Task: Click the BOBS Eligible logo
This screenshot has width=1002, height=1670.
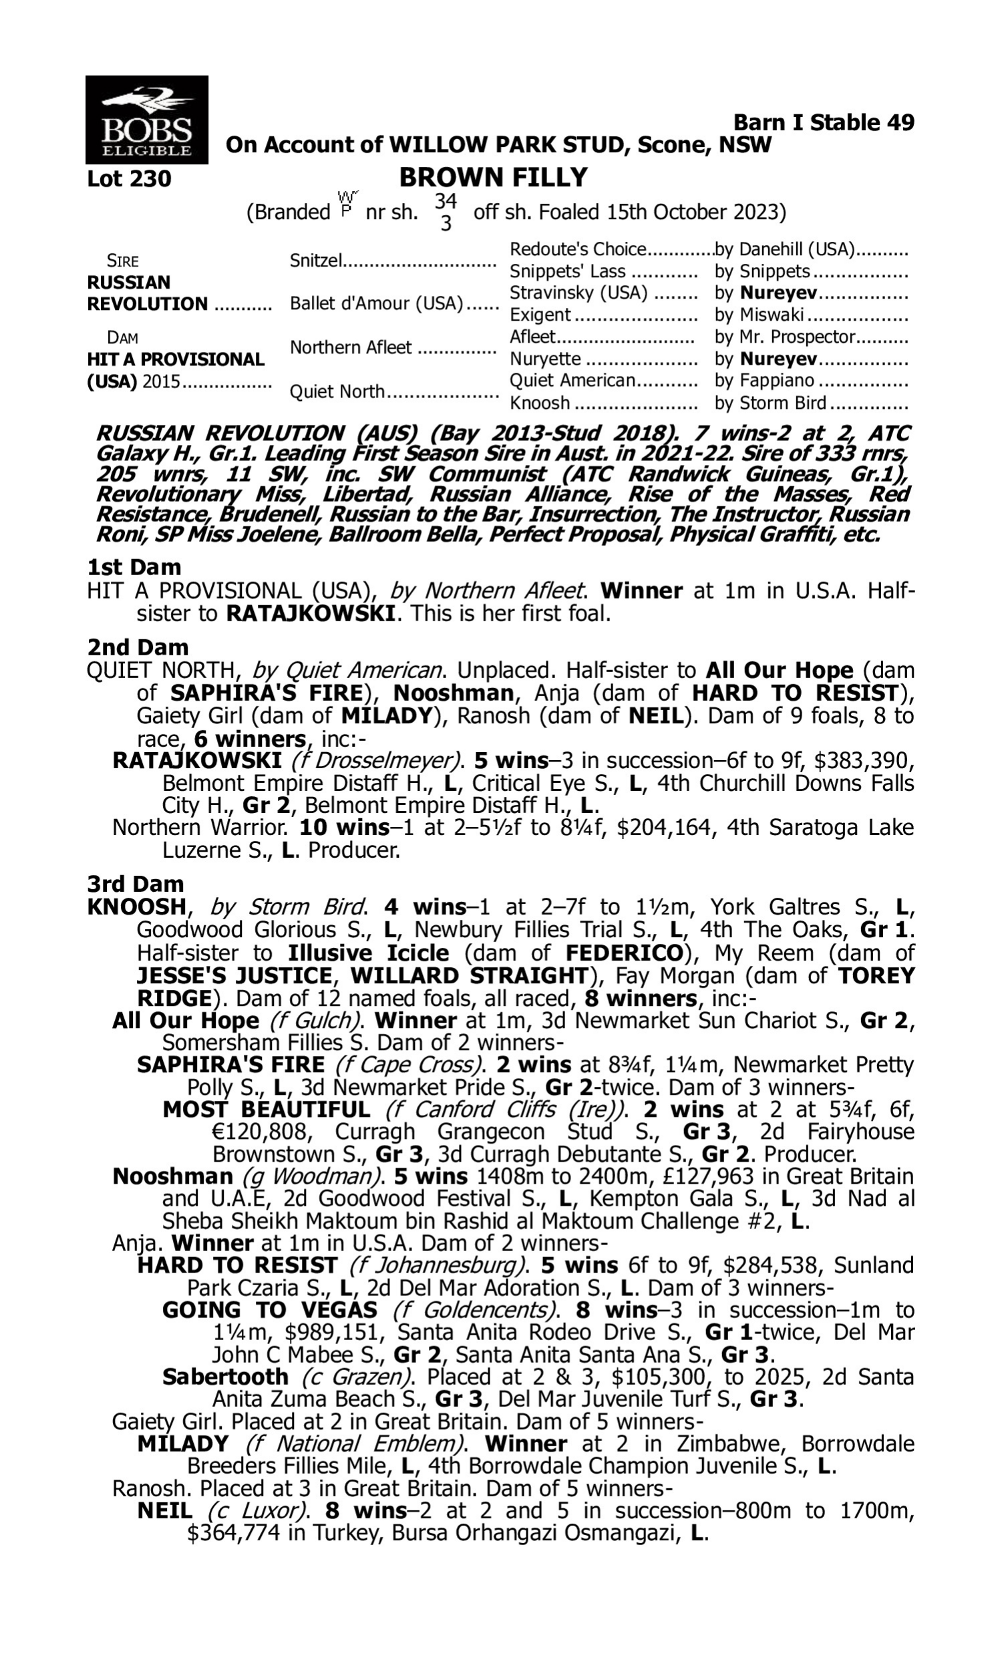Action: point(146,120)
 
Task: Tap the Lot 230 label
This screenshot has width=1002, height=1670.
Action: point(129,179)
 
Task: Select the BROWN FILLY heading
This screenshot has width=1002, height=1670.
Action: point(494,177)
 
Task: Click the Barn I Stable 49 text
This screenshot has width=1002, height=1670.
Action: point(823,122)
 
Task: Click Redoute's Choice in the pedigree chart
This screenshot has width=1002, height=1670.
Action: point(578,250)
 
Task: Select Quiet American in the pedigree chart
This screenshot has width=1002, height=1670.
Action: point(572,381)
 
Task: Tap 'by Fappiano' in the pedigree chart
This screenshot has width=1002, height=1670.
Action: point(764,381)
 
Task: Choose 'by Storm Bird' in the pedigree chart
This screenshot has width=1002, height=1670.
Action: point(770,403)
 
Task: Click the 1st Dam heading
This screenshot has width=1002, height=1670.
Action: point(134,567)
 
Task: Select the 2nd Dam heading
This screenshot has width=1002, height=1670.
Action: point(137,647)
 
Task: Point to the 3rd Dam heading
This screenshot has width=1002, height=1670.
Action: point(135,884)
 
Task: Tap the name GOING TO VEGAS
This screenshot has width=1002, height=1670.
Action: point(269,1310)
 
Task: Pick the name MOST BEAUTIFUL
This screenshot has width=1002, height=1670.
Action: point(266,1110)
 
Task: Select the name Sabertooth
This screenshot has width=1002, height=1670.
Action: point(225,1376)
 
